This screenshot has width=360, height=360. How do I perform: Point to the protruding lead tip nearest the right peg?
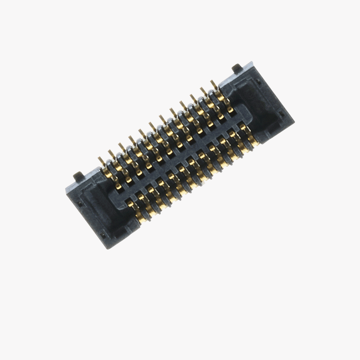click(x=212, y=83)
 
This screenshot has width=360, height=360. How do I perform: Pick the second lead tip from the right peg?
click(x=202, y=90)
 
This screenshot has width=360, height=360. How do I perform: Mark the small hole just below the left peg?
click(x=80, y=203)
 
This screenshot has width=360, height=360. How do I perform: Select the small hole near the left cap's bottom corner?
click(x=103, y=235)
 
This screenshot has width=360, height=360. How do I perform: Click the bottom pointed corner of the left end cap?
click(x=108, y=249)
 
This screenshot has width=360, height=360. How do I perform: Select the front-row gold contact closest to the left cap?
click(x=130, y=204)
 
